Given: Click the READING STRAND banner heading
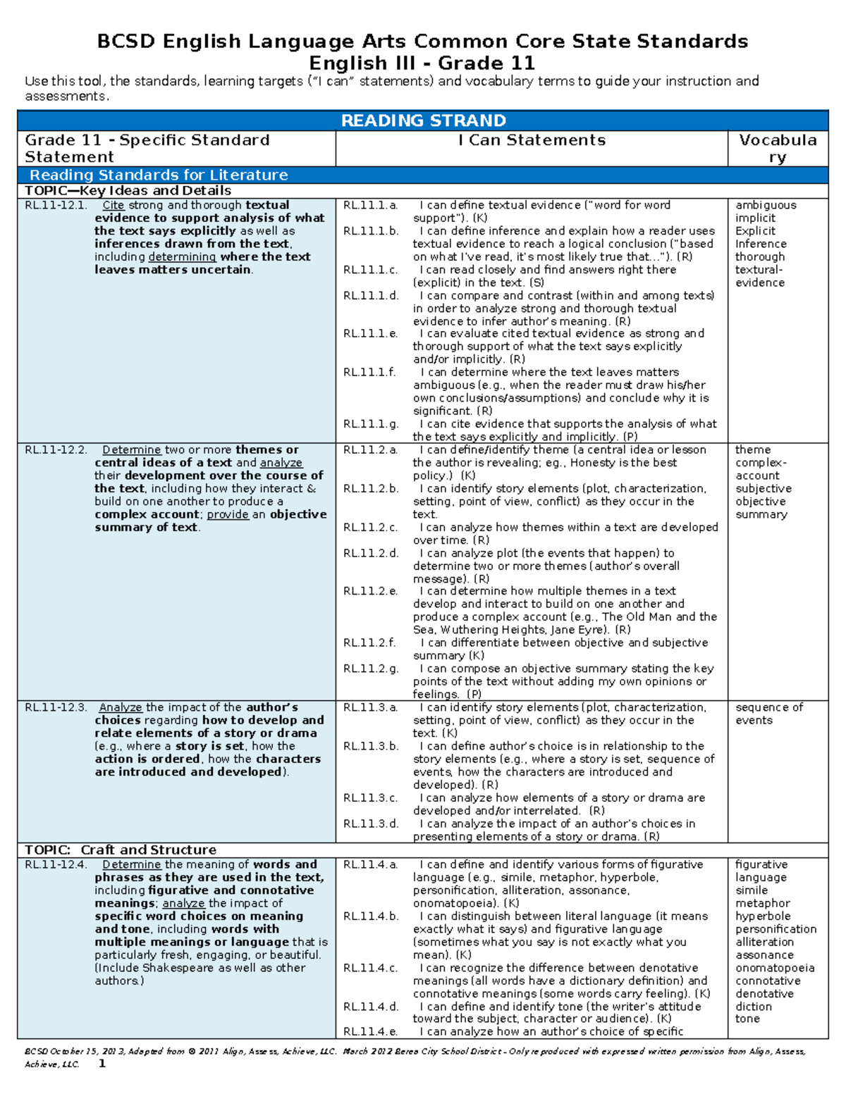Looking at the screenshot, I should coord(423,120).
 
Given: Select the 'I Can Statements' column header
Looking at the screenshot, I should coord(532,140).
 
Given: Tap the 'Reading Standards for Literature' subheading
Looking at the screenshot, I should coord(159,175).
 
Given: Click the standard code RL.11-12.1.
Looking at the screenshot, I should coord(56,205).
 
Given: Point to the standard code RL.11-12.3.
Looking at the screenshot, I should coord(56,707).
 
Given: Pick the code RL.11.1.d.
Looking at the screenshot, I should coord(371,295).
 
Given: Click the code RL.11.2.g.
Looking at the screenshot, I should coord(371,669).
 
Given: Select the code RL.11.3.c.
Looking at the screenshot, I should coord(371,797).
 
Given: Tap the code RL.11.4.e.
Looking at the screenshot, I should coord(371,1031).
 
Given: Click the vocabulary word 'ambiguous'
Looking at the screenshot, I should coord(766,205).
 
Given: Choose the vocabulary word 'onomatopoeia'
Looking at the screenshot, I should coord(775,968).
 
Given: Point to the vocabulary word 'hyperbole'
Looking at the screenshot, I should coord(763,916).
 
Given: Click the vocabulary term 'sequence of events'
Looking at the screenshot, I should coord(768,714).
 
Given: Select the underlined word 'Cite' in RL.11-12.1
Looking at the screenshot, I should coord(113,205).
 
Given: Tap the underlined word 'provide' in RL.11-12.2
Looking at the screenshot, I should coord(227,514).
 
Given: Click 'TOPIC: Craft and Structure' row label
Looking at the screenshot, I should coord(121,850).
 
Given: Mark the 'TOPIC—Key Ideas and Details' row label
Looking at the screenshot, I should coord(128,190).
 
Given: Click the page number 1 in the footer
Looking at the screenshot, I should coord(102,1064).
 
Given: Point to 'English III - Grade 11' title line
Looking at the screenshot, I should coord(422,63).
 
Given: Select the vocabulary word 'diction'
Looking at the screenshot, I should coord(753,1007).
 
